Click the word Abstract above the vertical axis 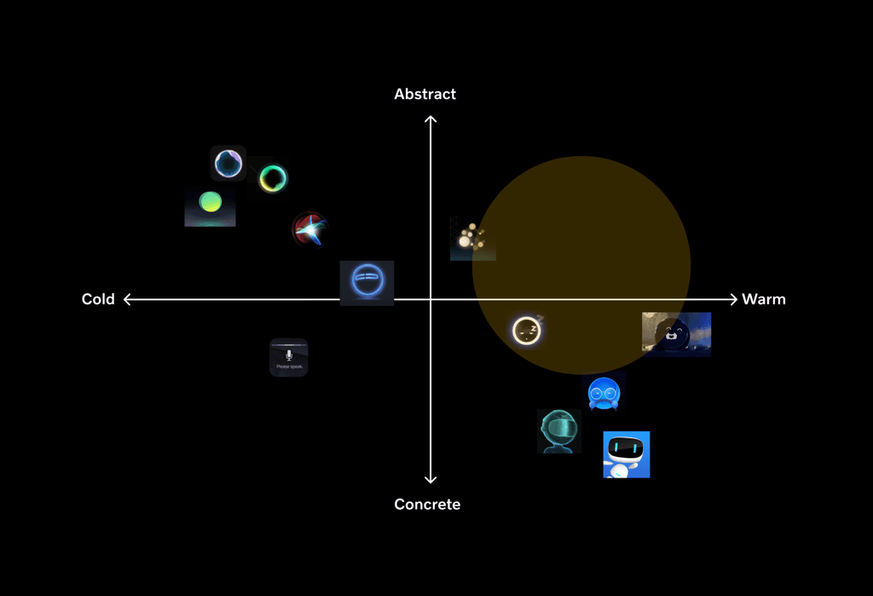[x=425, y=94]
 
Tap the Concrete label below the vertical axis [x=427, y=504]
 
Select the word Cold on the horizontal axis [x=98, y=299]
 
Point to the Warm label [x=764, y=299]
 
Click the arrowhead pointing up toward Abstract [x=431, y=119]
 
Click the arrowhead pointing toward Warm [x=732, y=299]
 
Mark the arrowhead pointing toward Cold [x=128, y=299]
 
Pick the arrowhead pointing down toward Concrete [x=431, y=480]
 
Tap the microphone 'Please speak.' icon [x=289, y=357]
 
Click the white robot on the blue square [x=626, y=454]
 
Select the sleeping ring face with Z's [x=527, y=330]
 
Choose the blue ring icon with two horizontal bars [x=367, y=282]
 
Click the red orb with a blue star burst [x=309, y=229]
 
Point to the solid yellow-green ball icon [x=210, y=203]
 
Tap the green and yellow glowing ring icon [x=273, y=178]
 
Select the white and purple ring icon [x=228, y=163]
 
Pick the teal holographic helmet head [x=558, y=431]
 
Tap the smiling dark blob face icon [x=675, y=334]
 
